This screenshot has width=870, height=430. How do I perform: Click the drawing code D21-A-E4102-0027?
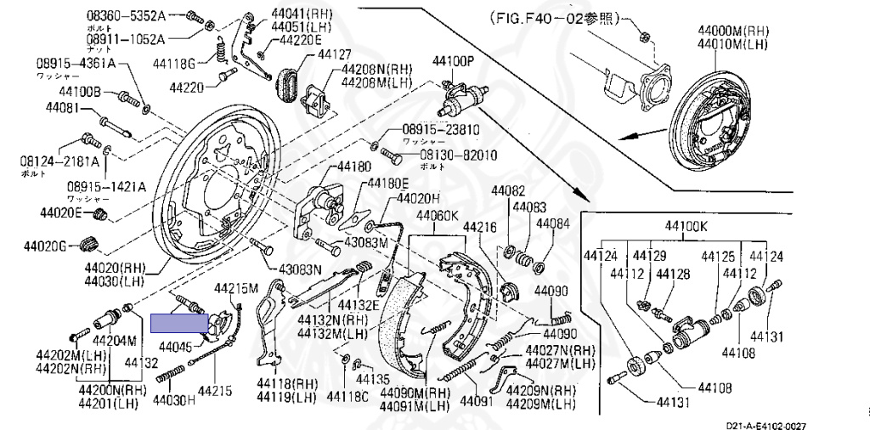pyautogui.click(x=765, y=425)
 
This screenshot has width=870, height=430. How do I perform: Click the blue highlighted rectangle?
pyautogui.click(x=179, y=322)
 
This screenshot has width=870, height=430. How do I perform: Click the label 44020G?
pyautogui.click(x=45, y=246)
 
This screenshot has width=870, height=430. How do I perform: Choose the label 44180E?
pyautogui.click(x=387, y=184)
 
